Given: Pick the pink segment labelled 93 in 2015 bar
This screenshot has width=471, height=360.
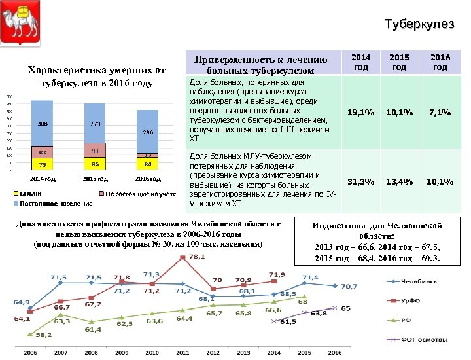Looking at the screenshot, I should pyautogui.click(x=95, y=151).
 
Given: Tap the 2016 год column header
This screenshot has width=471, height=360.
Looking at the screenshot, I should pyautogui.click(x=440, y=62).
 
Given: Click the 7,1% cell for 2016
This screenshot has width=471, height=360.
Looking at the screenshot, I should pyautogui.click(x=440, y=113).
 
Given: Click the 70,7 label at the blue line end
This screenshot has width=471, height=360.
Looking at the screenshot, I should pyautogui.click(x=349, y=286).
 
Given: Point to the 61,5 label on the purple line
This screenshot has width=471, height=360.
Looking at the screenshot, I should pyautogui.click(x=288, y=322).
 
